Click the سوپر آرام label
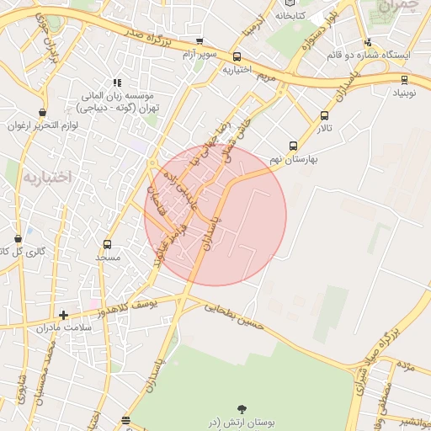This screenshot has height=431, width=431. click(x=200, y=55)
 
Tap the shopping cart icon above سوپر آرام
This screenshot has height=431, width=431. click(x=200, y=41)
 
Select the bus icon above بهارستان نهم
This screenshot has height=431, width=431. click(x=293, y=145)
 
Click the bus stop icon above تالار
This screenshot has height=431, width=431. click(x=324, y=116)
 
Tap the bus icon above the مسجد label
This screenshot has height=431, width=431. click(x=107, y=244)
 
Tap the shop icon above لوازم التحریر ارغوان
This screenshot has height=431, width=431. click(x=42, y=112)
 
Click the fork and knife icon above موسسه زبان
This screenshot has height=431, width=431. click(x=117, y=82)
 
